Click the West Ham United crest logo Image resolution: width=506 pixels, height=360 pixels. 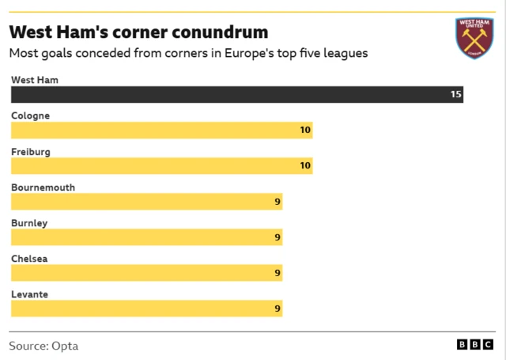474,37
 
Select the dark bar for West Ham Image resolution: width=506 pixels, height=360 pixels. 236,94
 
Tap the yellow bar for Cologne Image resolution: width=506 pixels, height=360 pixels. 161,130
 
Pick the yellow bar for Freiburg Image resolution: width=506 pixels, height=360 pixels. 161,165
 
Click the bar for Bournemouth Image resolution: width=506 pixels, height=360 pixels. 146,202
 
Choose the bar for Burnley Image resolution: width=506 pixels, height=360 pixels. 146,237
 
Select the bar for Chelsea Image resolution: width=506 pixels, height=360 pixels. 146,273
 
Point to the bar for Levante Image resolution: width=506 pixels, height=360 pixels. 146,309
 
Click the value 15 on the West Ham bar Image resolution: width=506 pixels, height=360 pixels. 455,94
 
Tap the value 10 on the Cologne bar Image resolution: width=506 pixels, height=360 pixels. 305,130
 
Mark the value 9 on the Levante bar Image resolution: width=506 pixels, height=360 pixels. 278,309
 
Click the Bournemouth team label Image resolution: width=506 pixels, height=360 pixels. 43,188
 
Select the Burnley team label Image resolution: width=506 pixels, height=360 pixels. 29,223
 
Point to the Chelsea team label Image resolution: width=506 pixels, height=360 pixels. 30,259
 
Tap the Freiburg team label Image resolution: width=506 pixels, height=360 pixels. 31,151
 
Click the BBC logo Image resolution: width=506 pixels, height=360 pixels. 476,346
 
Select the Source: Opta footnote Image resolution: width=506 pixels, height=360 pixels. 43,346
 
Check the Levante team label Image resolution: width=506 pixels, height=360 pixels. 29,294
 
